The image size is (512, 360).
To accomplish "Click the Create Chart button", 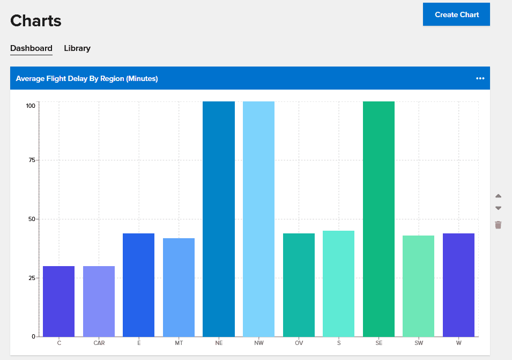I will coord(456,14).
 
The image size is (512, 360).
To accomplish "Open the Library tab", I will coord(77,48).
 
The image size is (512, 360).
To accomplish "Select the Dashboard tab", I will coord(31,48).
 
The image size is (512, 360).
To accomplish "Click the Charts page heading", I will coord(36,21).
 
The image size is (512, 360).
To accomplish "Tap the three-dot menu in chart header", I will coord(480,78).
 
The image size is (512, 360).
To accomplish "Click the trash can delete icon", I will coord(498,225).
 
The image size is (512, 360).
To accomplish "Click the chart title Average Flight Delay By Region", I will coord(87,78).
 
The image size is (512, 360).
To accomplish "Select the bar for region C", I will coord(58,301).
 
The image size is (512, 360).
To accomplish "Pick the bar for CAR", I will coord(99,301).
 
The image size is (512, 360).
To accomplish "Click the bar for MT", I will coord(179,287).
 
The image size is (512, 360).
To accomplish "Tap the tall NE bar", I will coord(219,219).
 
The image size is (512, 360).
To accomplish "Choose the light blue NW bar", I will coord(258,219).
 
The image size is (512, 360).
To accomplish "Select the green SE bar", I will coord(379,219).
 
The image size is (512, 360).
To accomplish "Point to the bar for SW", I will coord(418,286).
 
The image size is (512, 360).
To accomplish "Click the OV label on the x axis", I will coord(299,342).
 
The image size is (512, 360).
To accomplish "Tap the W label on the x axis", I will coord(458,342).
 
